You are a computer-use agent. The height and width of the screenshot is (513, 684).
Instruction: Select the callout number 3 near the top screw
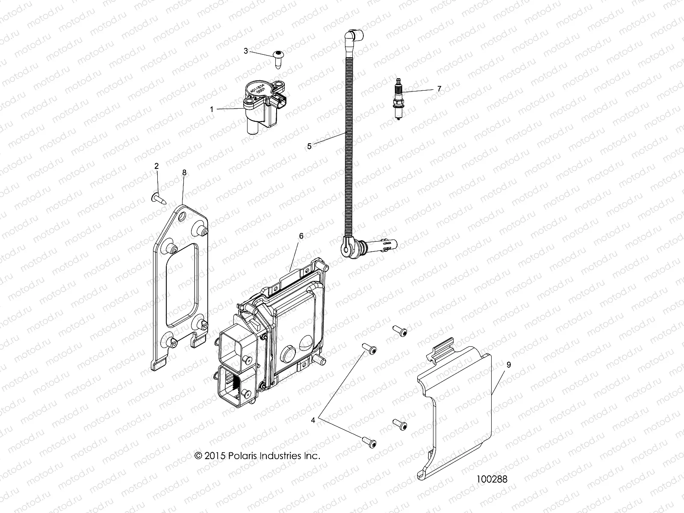245,51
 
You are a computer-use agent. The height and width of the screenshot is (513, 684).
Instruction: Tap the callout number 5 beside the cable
310,146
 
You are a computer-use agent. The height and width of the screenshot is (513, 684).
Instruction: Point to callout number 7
439,89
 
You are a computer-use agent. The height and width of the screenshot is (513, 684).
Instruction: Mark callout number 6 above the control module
301,236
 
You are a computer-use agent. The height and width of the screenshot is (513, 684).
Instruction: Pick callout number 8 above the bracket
184,172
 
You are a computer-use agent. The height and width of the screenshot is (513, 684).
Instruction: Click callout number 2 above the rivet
156,165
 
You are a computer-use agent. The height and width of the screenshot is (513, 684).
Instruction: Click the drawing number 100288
492,479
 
